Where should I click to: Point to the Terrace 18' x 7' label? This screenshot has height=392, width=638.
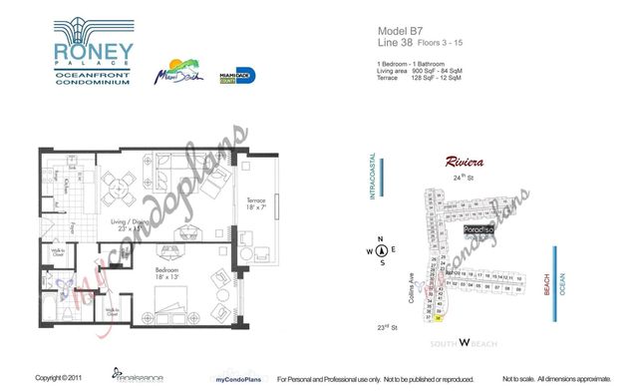pyautogui.click(x=256, y=201)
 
